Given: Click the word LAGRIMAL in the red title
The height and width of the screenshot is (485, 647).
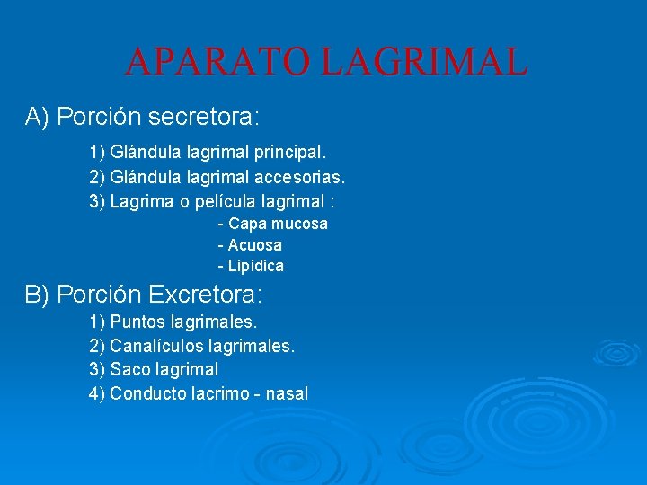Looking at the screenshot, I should (423, 62).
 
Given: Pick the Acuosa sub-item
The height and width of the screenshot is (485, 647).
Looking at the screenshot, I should (254, 245).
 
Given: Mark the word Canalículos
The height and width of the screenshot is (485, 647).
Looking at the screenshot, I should (155, 346).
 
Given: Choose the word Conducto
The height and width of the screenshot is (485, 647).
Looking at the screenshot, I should (148, 393).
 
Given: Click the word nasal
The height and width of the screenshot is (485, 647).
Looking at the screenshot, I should (288, 393).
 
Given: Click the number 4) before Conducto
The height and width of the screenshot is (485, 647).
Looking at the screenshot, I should (97, 393).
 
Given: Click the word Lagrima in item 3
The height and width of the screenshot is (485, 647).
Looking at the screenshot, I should (138, 201).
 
